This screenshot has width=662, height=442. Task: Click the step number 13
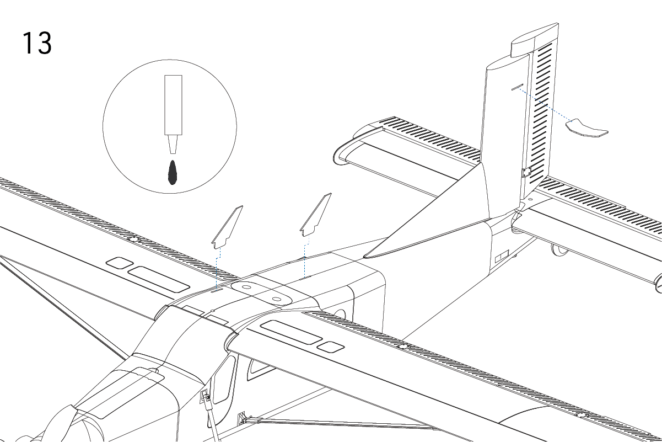click(37, 43)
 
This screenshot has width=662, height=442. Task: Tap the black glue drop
click(173, 173)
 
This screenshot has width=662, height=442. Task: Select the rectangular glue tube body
click(173, 105)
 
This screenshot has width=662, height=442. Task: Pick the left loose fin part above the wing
click(227, 227)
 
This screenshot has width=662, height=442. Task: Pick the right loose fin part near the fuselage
click(315, 215)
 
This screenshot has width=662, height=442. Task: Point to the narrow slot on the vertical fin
click(517, 87)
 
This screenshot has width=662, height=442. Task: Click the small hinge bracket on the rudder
click(526, 172)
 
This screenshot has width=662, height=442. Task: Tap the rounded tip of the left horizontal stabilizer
click(340, 154)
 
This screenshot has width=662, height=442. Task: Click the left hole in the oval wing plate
click(247, 287)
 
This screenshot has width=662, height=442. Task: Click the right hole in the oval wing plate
click(276, 299)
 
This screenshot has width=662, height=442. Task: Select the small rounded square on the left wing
click(120, 263)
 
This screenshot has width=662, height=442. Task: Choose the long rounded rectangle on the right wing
click(291, 332)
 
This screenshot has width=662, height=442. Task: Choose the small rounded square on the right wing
click(331, 347)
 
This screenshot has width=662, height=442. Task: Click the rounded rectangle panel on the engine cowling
click(120, 392)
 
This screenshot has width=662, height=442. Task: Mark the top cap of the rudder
click(534, 40)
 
